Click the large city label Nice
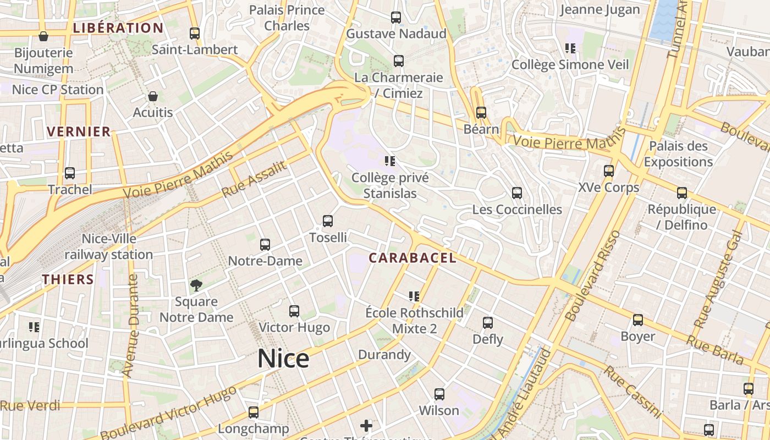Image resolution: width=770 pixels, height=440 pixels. point(283,359)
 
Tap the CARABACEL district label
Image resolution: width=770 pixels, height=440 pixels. point(413,258)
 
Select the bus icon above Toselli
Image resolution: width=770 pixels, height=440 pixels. point(328,221)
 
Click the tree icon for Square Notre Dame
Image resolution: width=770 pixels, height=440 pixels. point(196,285)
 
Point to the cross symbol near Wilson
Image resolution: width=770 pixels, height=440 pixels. point(366,425)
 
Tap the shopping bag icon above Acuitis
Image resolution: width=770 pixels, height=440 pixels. point(153,96)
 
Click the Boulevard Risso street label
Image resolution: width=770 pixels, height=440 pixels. point(593,276)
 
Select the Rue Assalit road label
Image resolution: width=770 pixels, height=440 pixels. point(254,179)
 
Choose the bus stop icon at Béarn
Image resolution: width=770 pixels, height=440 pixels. point(481,113)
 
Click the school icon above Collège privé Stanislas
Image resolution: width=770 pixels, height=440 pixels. point(390,161)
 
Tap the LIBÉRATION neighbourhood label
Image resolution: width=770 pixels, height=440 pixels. point(118,28)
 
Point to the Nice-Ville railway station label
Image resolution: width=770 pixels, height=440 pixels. point(109,247)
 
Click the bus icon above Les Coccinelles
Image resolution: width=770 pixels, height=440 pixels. point(517,193)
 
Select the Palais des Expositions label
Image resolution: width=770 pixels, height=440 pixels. point(678,154)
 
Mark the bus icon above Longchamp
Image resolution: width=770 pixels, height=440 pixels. point(254,412)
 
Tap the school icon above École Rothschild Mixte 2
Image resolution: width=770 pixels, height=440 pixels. point(414,296)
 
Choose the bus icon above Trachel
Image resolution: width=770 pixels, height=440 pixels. point(70,173)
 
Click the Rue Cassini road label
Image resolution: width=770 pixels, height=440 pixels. point(633,392)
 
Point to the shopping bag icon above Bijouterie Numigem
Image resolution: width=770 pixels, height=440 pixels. point(43,36)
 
